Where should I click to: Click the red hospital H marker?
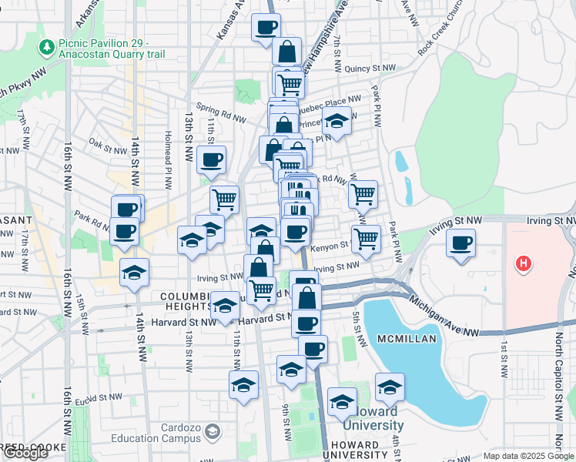524,264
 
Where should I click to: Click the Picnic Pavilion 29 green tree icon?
48,48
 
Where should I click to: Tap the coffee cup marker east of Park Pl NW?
461,243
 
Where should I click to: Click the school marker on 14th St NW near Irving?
135,272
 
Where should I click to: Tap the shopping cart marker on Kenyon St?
366,238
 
